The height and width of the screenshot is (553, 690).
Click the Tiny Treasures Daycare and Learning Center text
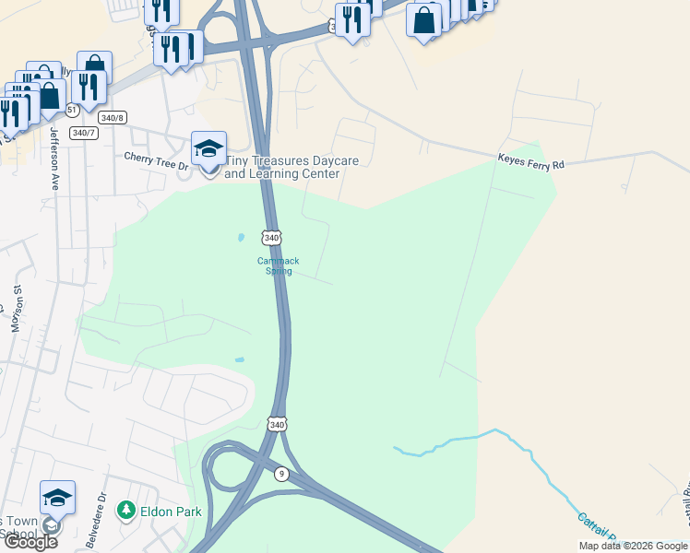point(291,168)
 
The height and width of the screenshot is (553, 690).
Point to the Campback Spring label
point(278,265)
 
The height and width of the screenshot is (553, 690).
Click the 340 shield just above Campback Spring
point(270,238)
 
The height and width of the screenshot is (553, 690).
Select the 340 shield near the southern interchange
point(278,424)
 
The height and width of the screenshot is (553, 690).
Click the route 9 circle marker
point(280,474)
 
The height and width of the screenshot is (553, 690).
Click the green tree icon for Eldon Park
point(125,509)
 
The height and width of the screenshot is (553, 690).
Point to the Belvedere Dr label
point(96,524)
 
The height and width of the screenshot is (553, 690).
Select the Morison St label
point(18,309)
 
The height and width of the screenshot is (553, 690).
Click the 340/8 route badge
point(112,117)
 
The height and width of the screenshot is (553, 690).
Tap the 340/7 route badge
point(84,133)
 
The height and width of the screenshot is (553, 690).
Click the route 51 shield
point(71,111)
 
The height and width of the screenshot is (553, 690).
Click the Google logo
point(30,542)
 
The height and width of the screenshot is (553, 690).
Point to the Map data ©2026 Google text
point(633,546)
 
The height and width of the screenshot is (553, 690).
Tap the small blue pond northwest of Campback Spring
point(241,237)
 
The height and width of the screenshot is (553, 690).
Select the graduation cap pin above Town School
point(57,499)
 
